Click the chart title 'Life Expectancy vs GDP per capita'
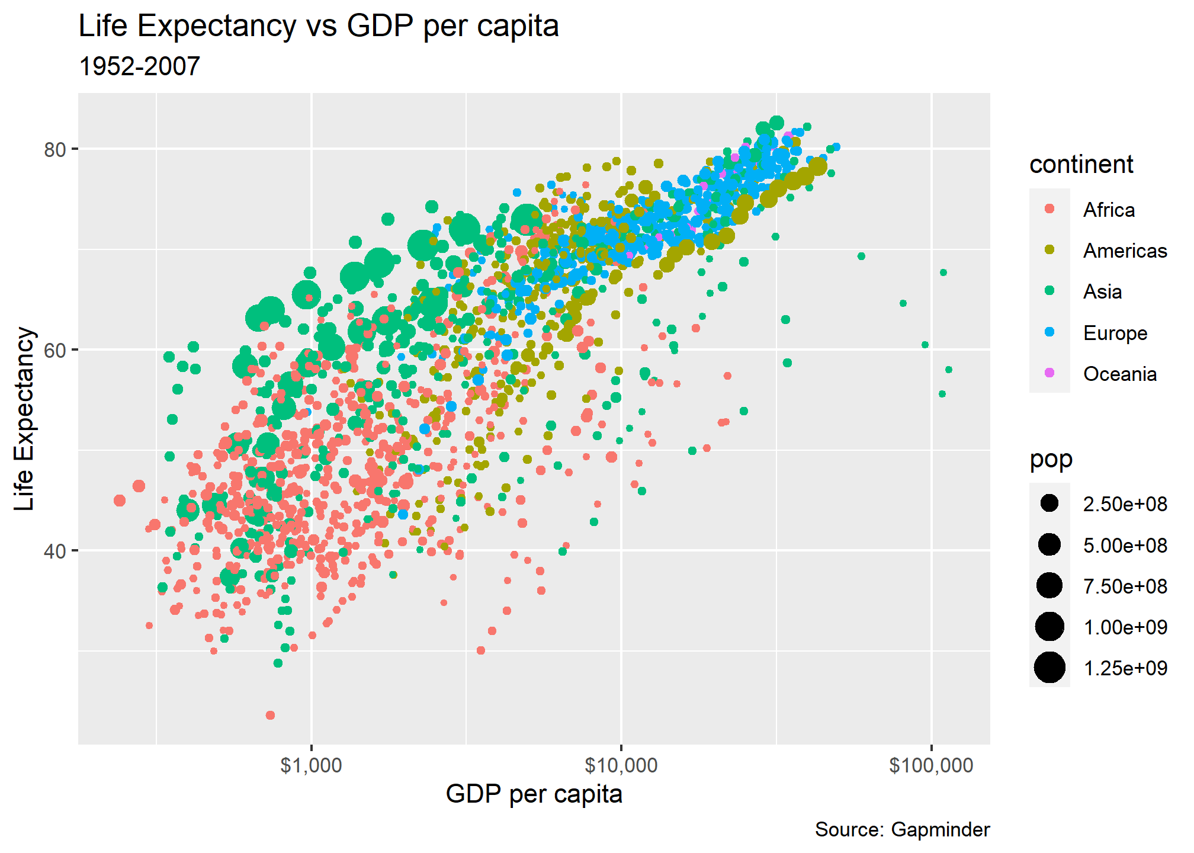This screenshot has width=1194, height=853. tap(319, 26)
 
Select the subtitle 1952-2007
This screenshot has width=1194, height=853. tap(139, 66)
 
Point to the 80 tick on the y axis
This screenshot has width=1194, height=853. tap(54, 149)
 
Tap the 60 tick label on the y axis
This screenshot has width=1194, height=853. tap(54, 350)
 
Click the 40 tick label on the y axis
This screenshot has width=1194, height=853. tap(54, 551)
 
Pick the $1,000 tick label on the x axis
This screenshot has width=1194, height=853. tap(312, 765)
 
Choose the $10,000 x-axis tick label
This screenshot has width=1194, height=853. tap(621, 765)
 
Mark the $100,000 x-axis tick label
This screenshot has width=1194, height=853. tap(931, 765)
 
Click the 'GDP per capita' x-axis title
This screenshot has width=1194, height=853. tap(534, 794)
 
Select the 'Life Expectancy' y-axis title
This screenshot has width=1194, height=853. tap(25, 418)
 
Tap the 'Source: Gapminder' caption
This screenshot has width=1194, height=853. tap(902, 830)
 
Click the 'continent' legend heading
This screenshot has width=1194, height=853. tap(1081, 165)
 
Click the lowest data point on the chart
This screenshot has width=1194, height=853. tap(270, 715)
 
